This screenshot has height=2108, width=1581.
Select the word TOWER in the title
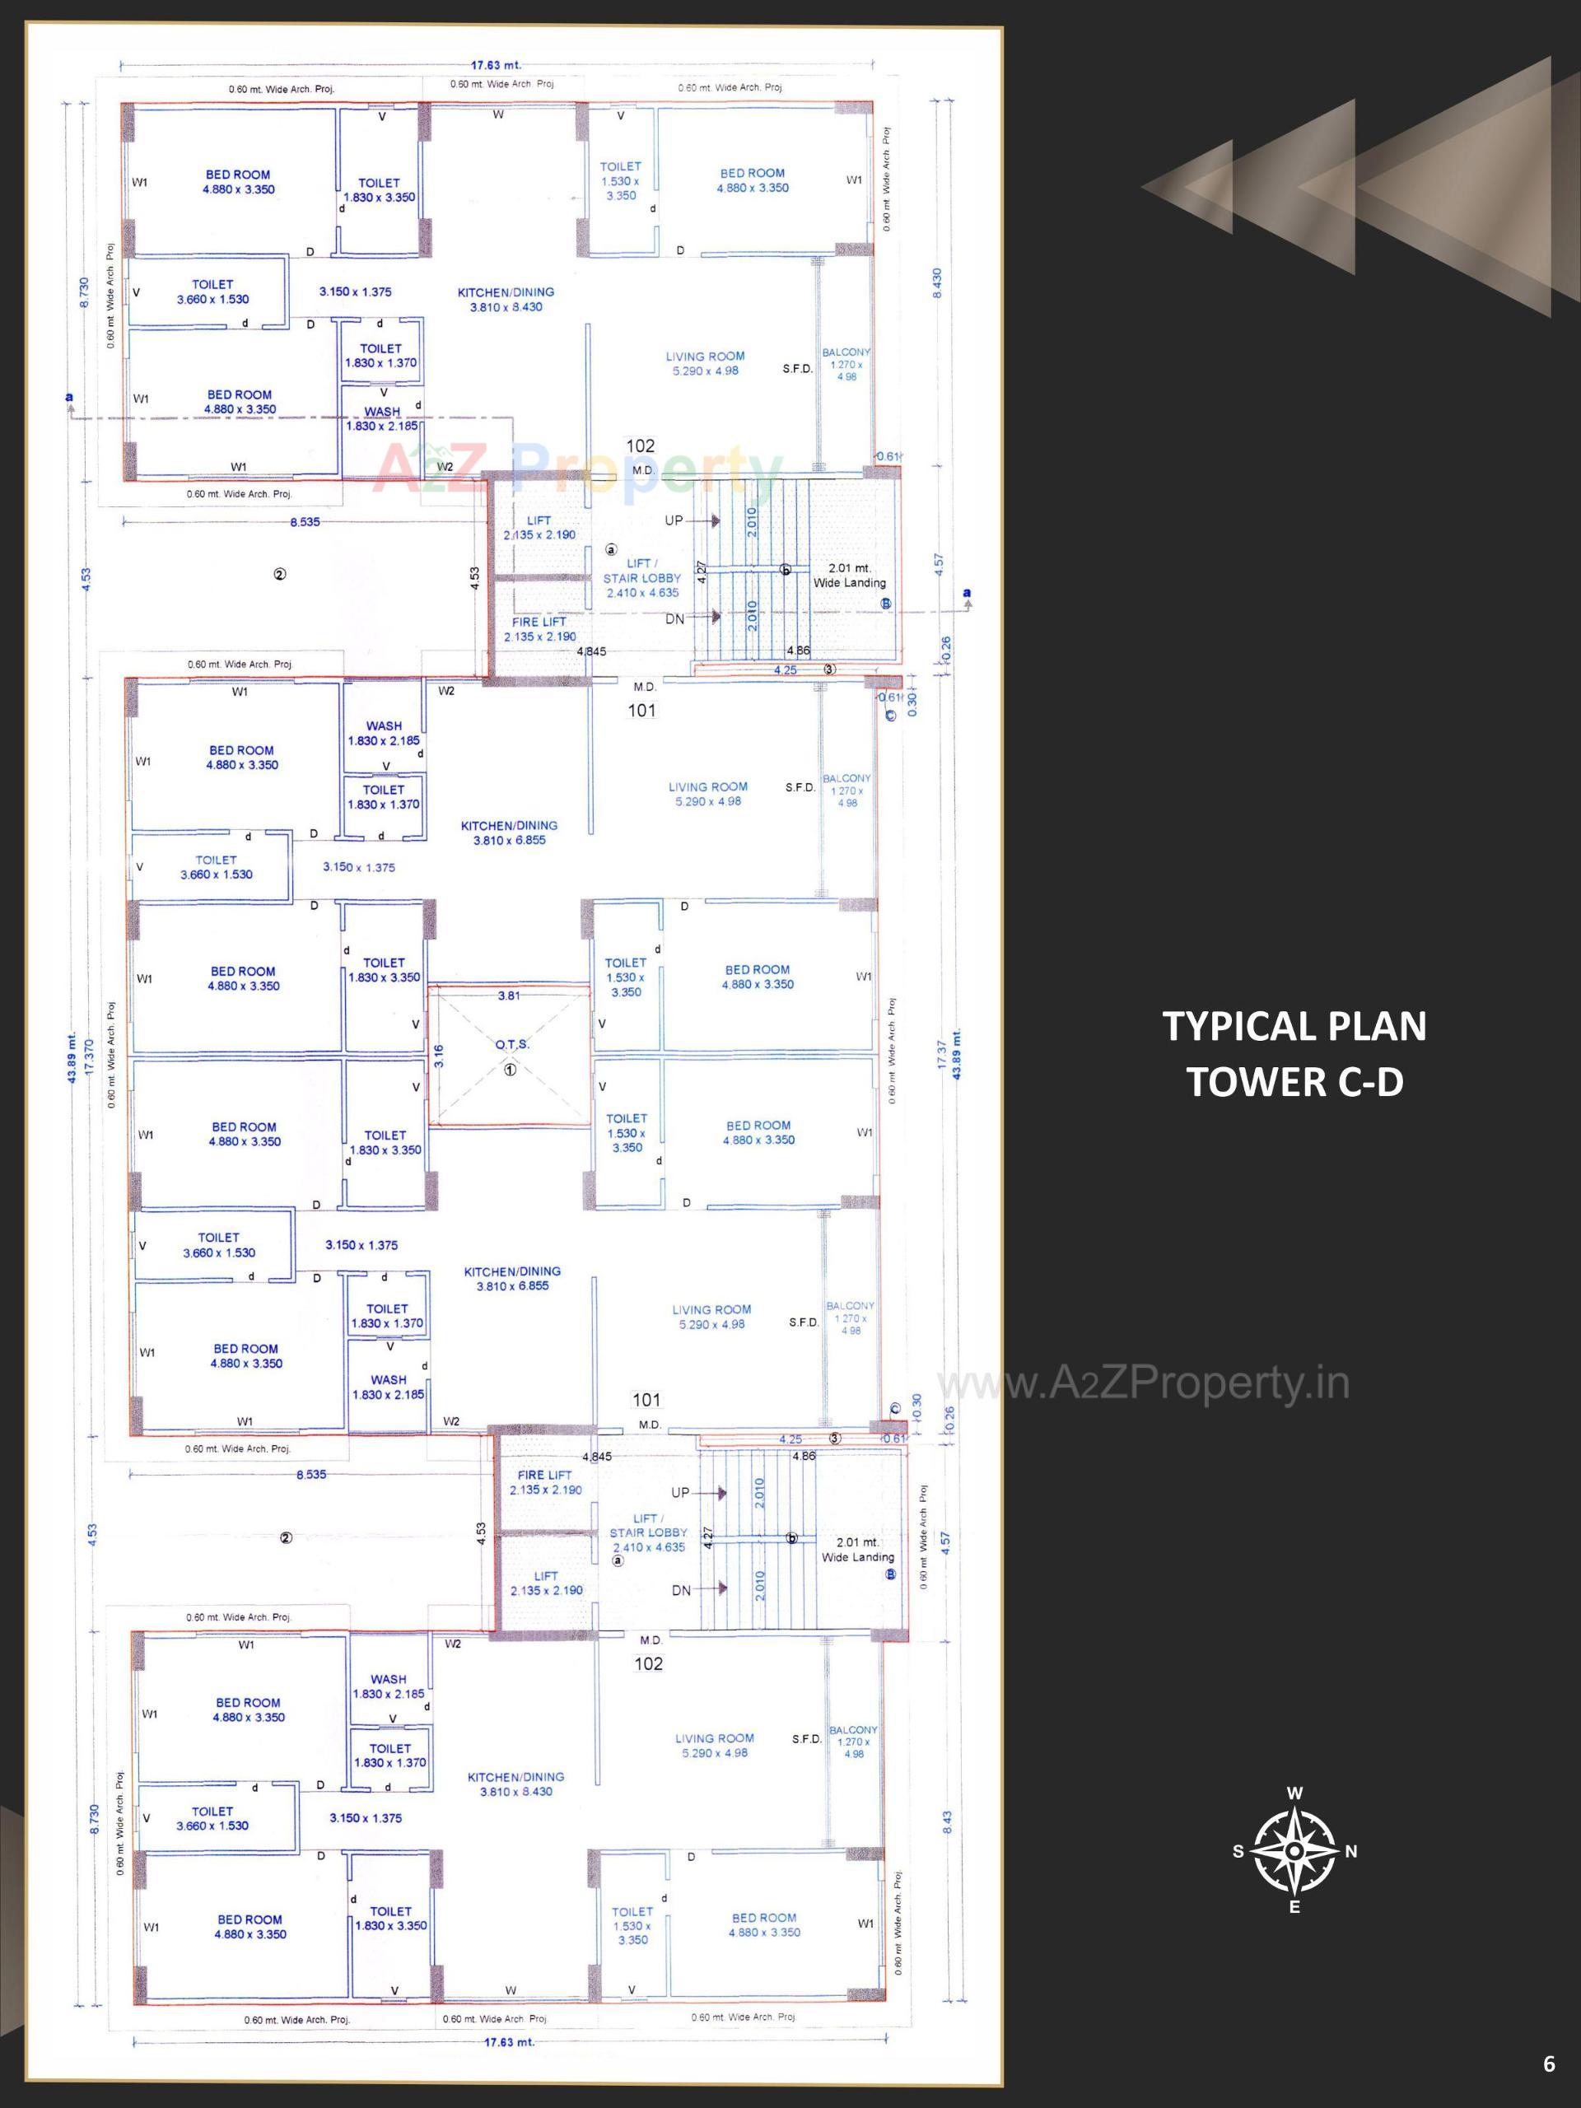pos(1248,1083)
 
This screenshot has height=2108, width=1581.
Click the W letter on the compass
pos(1295,1793)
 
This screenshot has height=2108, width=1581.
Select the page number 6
pos(1549,2064)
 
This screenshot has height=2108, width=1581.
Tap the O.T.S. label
pos(511,1044)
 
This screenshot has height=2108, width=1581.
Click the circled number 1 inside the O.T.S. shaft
pos(510,1070)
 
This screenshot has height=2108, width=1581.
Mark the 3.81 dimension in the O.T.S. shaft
pos(509,996)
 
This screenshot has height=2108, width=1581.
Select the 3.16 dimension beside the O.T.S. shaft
pos(438,1056)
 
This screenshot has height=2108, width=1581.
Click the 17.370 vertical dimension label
pos(89,1056)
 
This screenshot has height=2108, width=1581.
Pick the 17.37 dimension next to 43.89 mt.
pos(941,1054)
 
